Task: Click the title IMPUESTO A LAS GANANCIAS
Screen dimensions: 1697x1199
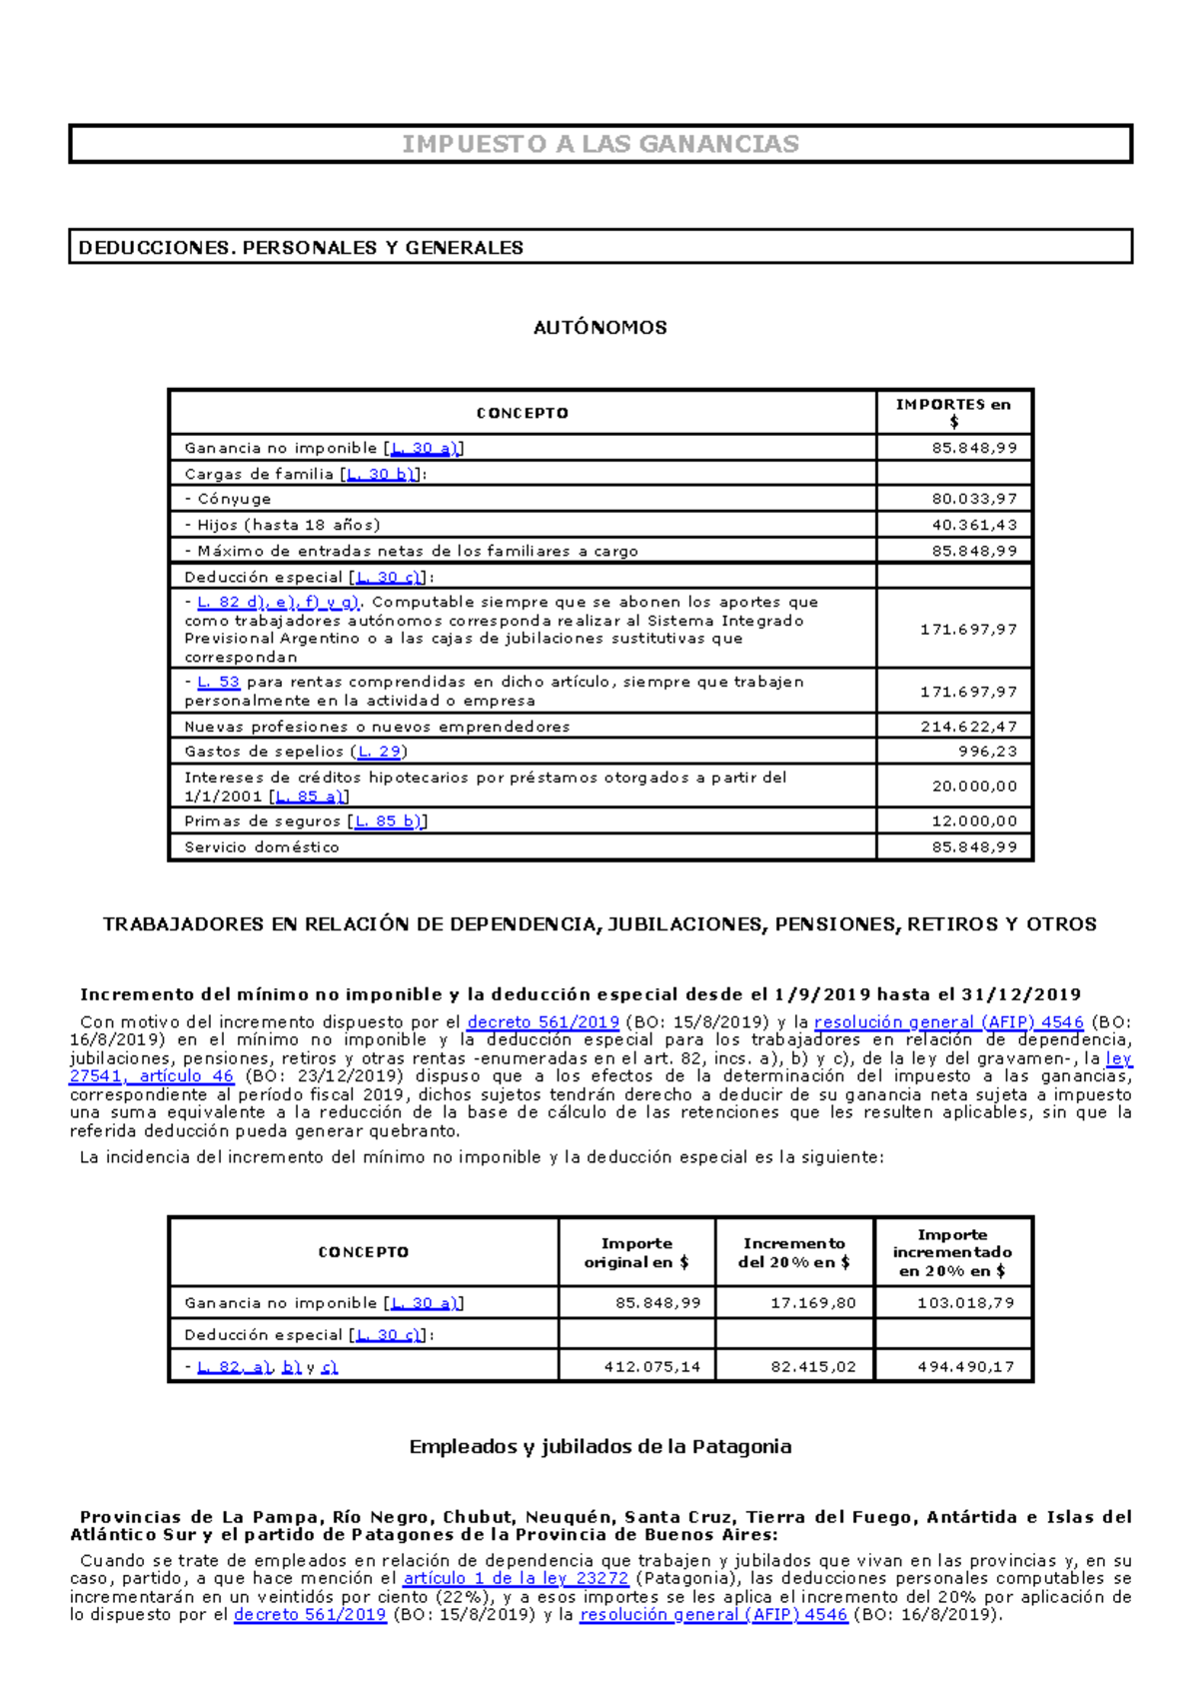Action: (599, 144)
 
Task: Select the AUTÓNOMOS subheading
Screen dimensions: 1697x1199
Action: (599, 328)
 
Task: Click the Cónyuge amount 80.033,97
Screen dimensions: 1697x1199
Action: (974, 499)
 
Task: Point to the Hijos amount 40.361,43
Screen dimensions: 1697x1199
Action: (974, 525)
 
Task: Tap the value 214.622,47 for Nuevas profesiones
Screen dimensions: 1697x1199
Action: (968, 727)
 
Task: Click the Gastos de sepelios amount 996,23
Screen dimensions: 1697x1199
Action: (987, 752)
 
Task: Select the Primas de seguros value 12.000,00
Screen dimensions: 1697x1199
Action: (974, 822)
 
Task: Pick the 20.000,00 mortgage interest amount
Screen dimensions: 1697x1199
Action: (974, 787)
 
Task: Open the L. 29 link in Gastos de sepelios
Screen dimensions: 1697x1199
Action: (380, 752)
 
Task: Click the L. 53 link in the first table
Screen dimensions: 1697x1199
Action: (218, 682)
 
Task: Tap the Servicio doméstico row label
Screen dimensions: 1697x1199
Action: (262, 848)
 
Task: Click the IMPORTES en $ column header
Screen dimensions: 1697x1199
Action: (953, 412)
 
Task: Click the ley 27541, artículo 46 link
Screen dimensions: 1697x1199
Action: (151, 1076)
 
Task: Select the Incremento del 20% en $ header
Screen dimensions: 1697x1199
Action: (794, 1252)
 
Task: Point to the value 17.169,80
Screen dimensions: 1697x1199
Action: (813, 1303)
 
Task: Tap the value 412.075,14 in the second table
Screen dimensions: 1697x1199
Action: (651, 1367)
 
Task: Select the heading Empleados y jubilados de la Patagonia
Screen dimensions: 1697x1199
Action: (599, 1446)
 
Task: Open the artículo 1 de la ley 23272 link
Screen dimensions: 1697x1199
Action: (516, 1579)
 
